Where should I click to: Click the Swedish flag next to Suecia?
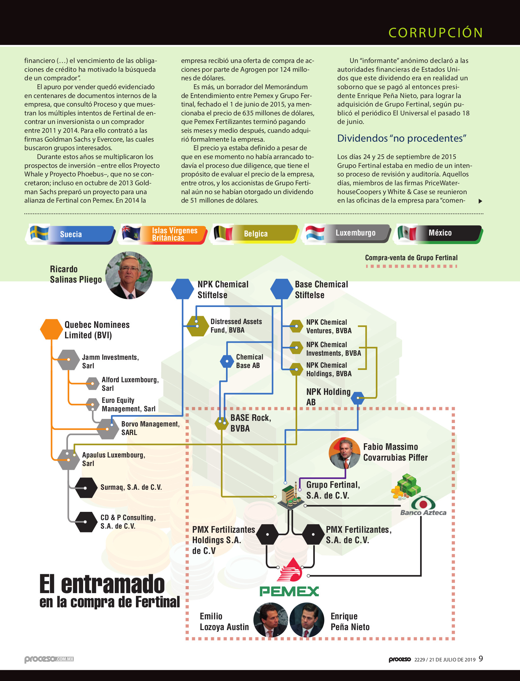pos(40,234)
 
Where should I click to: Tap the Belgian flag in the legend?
pos(223,234)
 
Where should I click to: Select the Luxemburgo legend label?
pos(356,233)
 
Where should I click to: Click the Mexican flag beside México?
pos(407,233)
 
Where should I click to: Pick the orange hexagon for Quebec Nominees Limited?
pos(52,329)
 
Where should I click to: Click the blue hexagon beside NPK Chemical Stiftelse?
pos(182,289)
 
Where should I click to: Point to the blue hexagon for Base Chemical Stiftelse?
pos(282,289)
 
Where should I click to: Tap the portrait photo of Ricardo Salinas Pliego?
pos(129,275)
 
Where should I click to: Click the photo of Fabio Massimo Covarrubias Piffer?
pos(345,453)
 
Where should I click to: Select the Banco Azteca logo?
pos(423,506)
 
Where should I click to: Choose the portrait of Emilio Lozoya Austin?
pos(271,620)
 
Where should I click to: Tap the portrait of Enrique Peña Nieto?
pos(307,620)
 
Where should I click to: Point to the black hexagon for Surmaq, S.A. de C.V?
pos(86,488)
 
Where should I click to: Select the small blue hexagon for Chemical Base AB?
pos(227,361)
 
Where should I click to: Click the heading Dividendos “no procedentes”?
pos(402,138)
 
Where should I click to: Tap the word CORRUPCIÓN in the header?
pos(436,33)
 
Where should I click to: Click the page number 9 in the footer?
pos(481,659)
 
